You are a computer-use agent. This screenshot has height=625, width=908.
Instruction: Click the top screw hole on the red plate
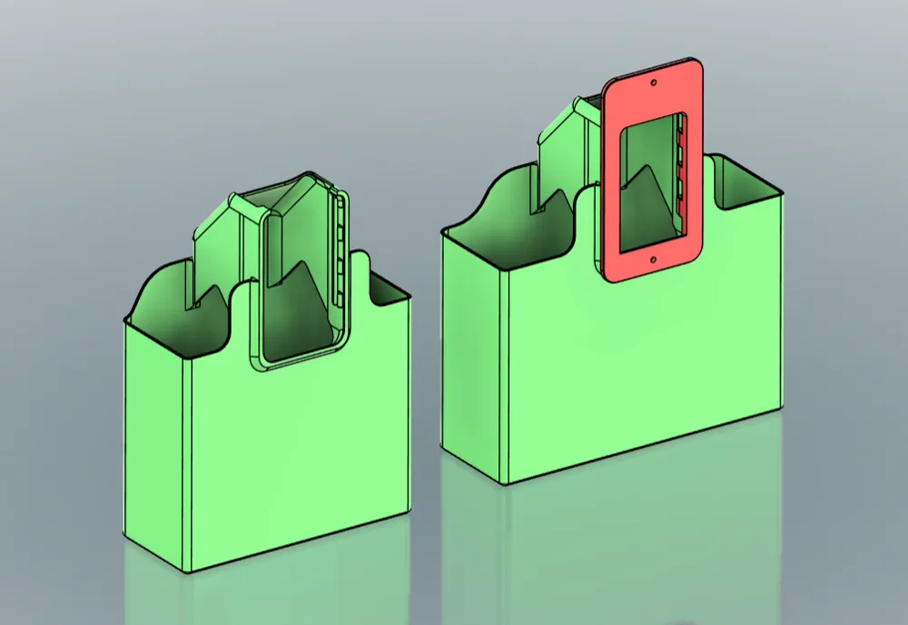tap(654, 83)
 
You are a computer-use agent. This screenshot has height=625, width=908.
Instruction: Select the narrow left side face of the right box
tap(472, 354)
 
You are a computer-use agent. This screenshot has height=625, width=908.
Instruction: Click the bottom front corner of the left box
tap(187, 571)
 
